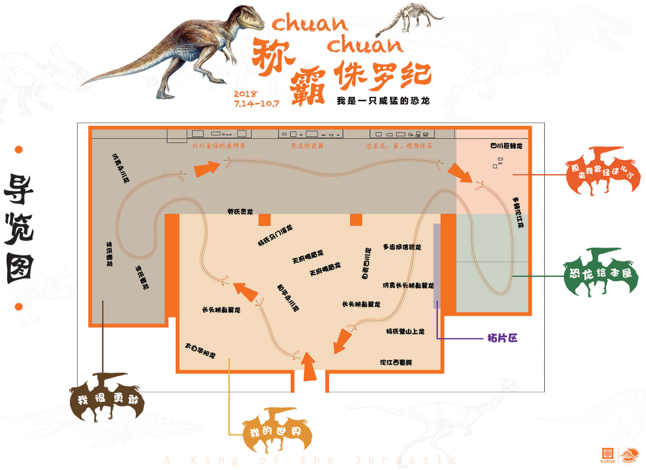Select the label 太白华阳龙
point(200,350)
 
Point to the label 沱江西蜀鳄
point(397,362)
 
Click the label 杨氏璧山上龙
point(405,331)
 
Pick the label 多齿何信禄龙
point(402,246)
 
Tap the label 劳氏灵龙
point(240,211)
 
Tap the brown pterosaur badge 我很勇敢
point(107,399)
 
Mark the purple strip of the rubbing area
point(437,266)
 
